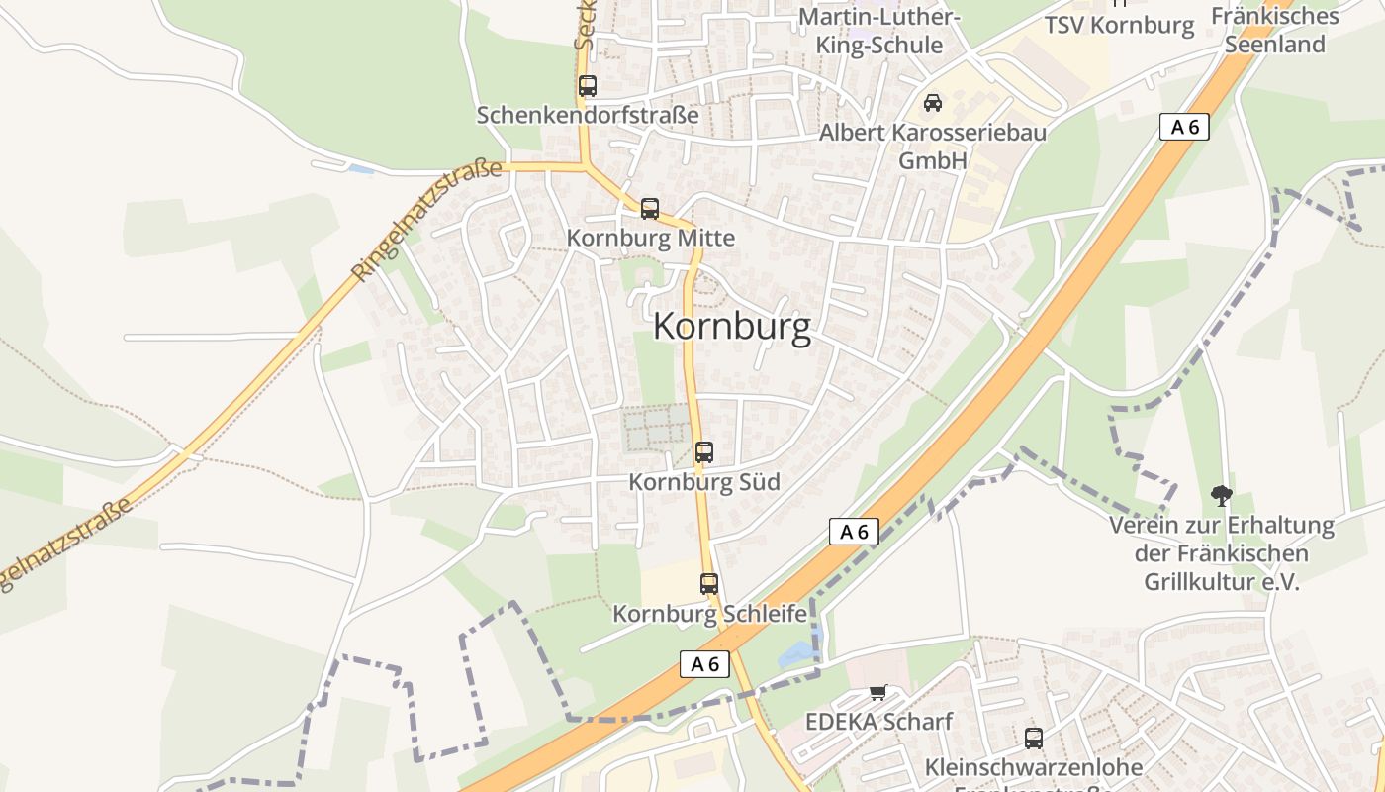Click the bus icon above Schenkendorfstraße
(588, 86)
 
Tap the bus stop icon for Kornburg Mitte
(650, 209)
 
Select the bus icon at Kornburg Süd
(704, 452)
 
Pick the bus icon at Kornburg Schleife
(709, 584)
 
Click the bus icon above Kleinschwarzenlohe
(1034, 738)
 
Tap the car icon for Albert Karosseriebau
(932, 102)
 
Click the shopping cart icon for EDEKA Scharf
(877, 692)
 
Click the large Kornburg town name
(732, 327)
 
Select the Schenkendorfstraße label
(588, 115)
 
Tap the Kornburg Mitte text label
(651, 238)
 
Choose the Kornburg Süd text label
(705, 482)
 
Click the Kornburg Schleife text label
(710, 614)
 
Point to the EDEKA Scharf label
(878, 721)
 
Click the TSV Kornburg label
(1120, 26)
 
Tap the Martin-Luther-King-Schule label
(878, 32)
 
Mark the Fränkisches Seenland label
(1275, 30)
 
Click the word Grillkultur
(1221, 581)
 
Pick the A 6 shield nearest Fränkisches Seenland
(1184, 127)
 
